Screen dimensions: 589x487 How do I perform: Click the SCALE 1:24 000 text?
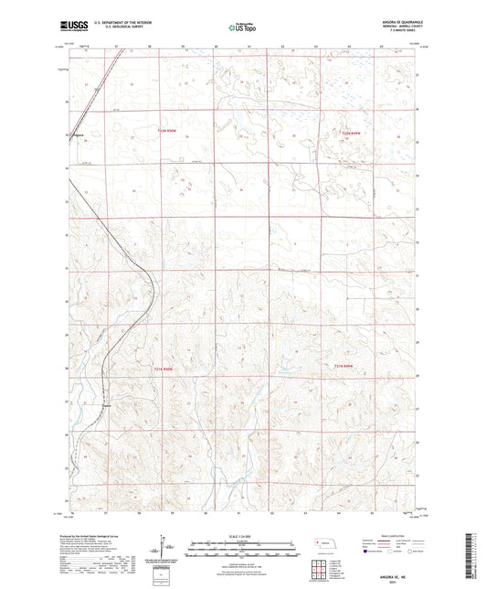[x=242, y=537]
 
